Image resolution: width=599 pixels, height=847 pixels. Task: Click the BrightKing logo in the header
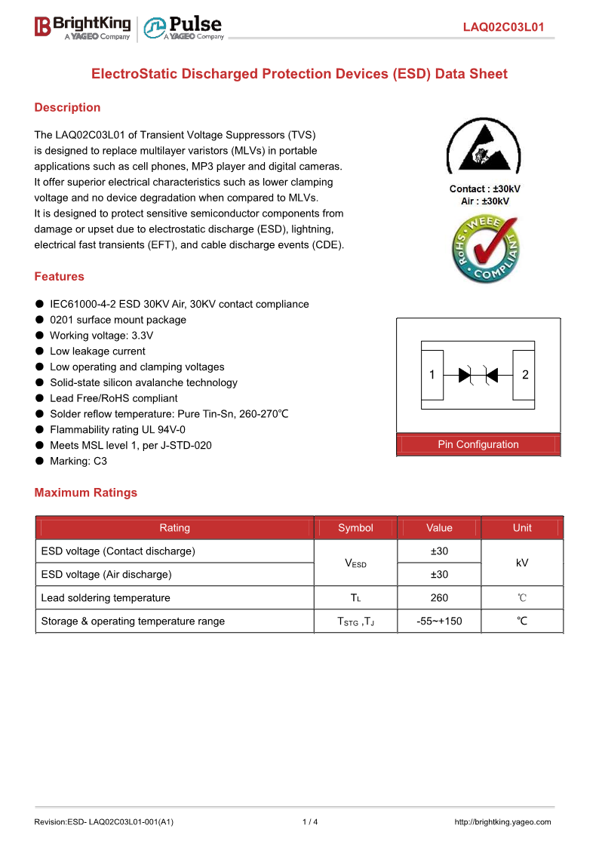click(82, 27)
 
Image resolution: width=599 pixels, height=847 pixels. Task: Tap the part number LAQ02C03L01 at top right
click(503, 28)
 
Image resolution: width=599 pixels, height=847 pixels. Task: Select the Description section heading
click(67, 107)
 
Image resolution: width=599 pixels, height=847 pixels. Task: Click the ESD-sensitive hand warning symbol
click(484, 146)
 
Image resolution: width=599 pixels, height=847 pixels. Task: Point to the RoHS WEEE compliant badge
click(485, 249)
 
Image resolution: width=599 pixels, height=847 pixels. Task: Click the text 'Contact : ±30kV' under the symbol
click(484, 189)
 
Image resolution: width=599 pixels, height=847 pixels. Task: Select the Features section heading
click(59, 276)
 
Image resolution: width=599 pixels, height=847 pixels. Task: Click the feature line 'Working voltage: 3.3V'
click(101, 335)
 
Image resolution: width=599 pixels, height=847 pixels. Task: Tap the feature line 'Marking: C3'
click(78, 461)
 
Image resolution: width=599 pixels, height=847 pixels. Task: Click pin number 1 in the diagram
click(432, 374)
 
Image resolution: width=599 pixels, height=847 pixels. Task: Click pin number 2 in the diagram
click(525, 374)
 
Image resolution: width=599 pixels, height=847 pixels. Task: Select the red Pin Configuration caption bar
click(478, 444)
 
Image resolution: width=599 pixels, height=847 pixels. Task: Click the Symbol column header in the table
click(355, 528)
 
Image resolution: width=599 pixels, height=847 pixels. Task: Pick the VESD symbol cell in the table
click(355, 563)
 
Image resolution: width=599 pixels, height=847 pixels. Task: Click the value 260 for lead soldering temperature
click(439, 597)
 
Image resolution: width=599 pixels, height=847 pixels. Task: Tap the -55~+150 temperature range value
click(439, 621)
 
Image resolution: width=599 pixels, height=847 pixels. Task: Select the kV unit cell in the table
click(522, 563)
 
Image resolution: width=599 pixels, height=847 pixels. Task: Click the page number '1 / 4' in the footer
click(310, 822)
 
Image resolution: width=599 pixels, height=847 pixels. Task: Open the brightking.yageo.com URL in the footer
click(502, 822)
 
